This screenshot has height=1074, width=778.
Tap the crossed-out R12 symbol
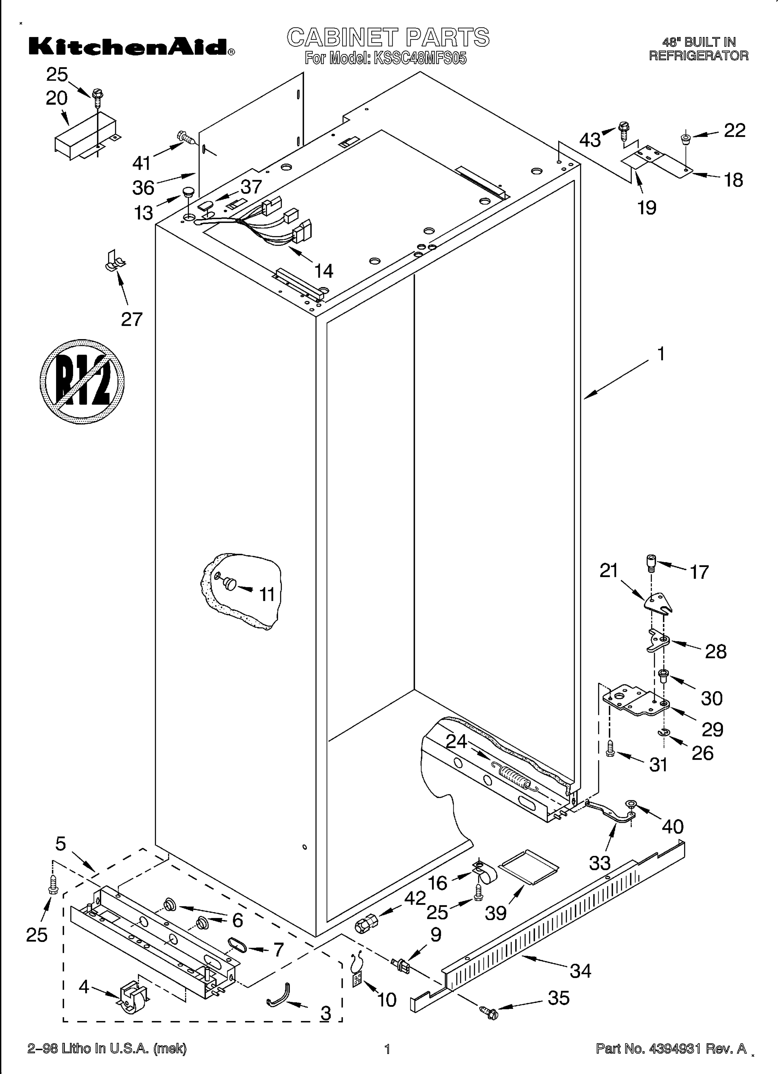pos(82,381)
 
